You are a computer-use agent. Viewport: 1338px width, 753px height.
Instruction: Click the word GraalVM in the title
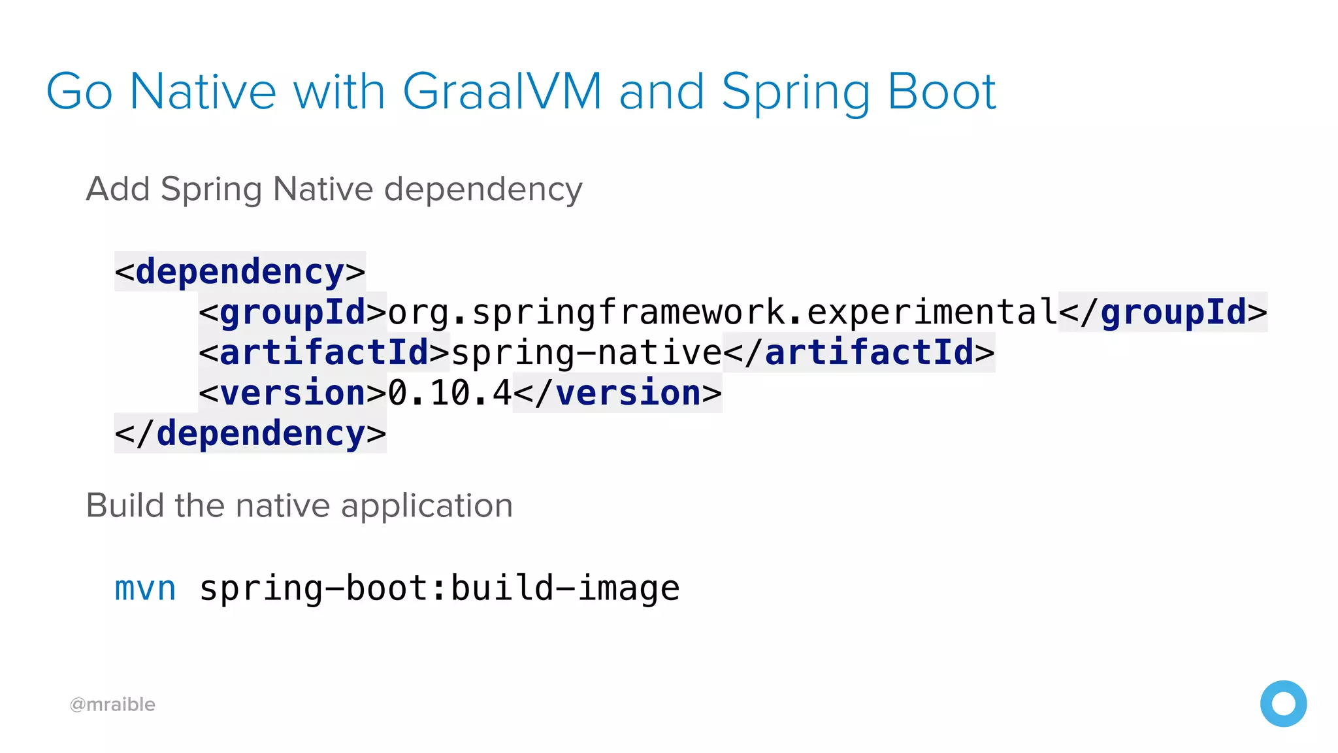click(x=502, y=92)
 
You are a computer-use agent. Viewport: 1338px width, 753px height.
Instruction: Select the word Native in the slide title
click(x=203, y=92)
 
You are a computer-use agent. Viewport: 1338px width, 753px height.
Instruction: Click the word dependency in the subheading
click(x=483, y=190)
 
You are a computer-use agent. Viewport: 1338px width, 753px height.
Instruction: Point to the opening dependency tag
click(x=240, y=272)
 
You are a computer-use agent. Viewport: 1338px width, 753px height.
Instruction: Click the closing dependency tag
click(x=250, y=434)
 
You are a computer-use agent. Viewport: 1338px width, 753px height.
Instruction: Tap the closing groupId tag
click(x=1163, y=312)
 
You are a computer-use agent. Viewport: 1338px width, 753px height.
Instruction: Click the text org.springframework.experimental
click(x=723, y=312)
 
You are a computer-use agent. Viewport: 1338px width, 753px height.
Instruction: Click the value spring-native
click(x=587, y=353)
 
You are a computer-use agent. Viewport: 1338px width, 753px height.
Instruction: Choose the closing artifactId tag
click(x=859, y=353)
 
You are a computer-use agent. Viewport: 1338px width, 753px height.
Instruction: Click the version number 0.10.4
click(x=450, y=393)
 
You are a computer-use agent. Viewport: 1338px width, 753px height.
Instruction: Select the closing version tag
click(x=617, y=393)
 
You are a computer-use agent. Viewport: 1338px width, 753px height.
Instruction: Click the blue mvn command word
click(x=145, y=588)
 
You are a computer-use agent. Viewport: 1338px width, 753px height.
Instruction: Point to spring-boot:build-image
click(x=439, y=588)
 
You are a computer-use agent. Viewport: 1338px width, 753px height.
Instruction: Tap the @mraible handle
click(x=112, y=705)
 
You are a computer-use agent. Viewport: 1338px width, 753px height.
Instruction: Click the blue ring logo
click(x=1283, y=703)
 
